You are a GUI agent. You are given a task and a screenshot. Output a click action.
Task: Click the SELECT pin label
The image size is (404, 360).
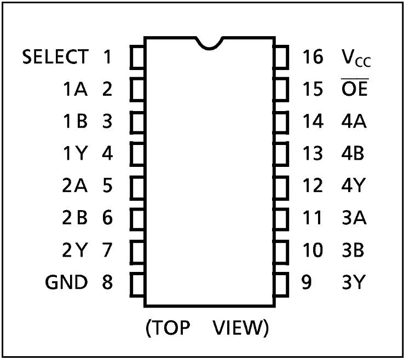click(55, 56)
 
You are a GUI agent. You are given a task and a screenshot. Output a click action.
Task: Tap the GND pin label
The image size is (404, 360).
click(66, 282)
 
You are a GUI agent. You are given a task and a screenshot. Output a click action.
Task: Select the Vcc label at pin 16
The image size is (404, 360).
click(355, 57)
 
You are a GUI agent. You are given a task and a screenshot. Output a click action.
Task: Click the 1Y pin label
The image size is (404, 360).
click(74, 154)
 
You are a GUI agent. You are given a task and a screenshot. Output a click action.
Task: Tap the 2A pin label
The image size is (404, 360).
click(74, 186)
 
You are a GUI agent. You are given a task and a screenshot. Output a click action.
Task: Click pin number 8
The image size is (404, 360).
click(107, 282)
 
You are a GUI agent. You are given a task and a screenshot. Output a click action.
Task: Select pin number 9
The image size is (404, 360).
click(307, 282)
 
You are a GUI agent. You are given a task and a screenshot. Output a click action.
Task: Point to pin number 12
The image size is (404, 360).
click(313, 186)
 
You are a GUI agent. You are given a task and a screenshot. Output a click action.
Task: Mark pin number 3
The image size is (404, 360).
click(107, 121)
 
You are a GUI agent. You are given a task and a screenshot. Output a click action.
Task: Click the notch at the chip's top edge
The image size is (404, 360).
click(210, 44)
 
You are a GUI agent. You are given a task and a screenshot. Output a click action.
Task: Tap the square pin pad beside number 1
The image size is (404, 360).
click(137, 57)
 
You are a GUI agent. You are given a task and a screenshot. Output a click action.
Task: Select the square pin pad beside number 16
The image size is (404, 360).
click(281, 57)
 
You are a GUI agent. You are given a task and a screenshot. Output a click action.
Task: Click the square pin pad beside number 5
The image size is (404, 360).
click(137, 186)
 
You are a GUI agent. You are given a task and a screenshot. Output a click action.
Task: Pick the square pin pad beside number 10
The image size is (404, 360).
click(281, 251)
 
